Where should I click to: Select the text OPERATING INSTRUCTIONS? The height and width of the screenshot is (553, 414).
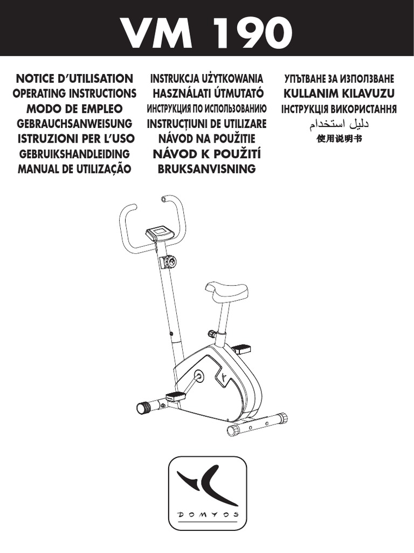coord(74,93)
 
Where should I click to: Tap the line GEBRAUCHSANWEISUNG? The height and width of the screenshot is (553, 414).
coord(74,123)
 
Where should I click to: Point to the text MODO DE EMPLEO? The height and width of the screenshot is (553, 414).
coord(74,108)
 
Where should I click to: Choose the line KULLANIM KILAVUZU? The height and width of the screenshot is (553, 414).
coord(339,93)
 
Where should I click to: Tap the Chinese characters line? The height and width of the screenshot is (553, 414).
coord(339,138)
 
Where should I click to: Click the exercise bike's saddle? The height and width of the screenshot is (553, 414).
coord(226,292)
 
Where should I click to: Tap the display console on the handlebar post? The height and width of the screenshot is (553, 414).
coord(159,233)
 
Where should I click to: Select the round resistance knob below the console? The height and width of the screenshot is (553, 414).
coord(169,262)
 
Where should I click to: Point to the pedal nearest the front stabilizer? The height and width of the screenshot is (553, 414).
coord(176,396)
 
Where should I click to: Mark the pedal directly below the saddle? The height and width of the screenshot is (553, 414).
coord(241,348)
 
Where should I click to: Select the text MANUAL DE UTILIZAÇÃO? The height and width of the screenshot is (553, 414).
coord(74,169)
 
